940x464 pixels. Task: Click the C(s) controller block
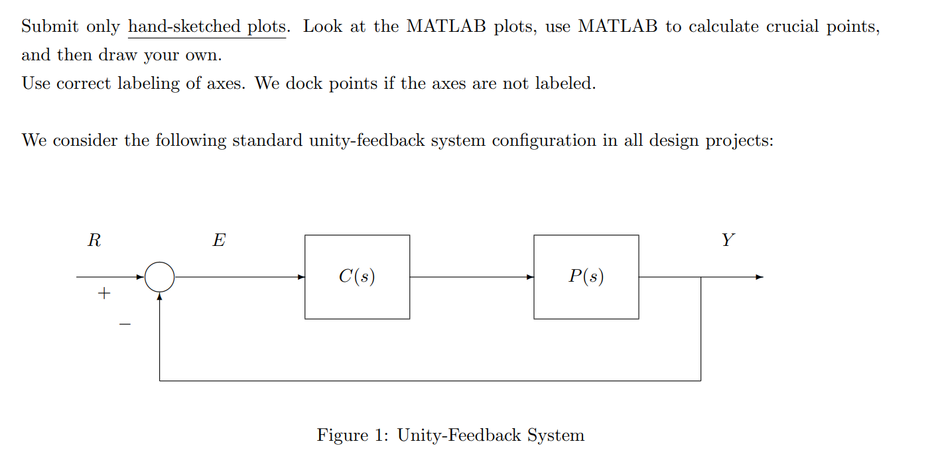pyautogui.click(x=357, y=276)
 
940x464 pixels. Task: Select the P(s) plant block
pyautogui.click(x=586, y=276)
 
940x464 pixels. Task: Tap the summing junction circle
pyautogui.click(x=159, y=277)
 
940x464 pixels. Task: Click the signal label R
pyautogui.click(x=94, y=241)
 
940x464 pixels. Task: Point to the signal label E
pyautogui.click(x=218, y=241)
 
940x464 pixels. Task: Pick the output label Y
pyautogui.click(x=728, y=241)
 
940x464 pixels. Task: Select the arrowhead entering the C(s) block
pyautogui.click(x=301, y=277)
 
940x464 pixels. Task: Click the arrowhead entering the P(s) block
pyautogui.click(x=530, y=277)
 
